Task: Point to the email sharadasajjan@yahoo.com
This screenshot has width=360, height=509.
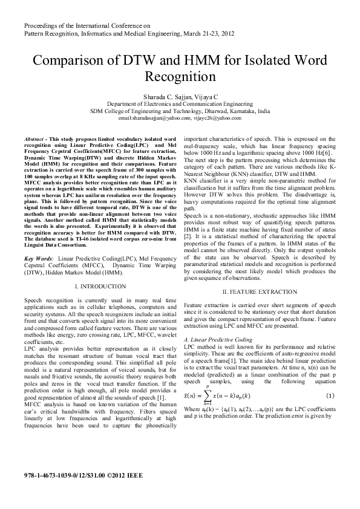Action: pos(156,120)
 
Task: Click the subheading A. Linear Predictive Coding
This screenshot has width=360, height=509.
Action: pos(218,340)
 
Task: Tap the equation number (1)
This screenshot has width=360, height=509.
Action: pos(330,395)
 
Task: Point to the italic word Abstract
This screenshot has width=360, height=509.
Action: pos(36,139)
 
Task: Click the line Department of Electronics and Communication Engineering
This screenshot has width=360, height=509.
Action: pos(180,104)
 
